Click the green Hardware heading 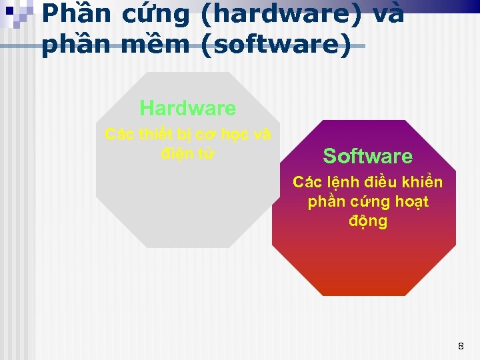pyautogui.click(x=187, y=108)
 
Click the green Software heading pyautogui.click(x=367, y=157)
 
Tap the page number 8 pyautogui.click(x=460, y=346)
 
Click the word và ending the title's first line pyautogui.click(x=386, y=13)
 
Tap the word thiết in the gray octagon pyautogui.click(x=158, y=134)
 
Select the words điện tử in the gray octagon pyautogui.click(x=187, y=153)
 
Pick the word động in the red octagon pyautogui.click(x=367, y=221)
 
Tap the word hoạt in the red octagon pyautogui.click(x=412, y=201)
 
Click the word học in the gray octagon pyautogui.click(x=237, y=134)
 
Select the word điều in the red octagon pyautogui.click(x=382, y=182)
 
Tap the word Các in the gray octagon pyautogui.click(x=120, y=134)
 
